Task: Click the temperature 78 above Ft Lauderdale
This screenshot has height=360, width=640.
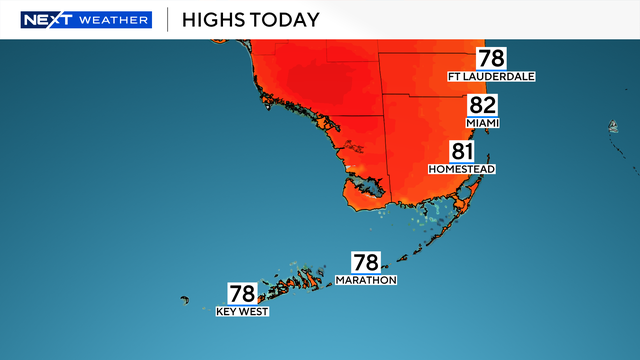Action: [491, 59]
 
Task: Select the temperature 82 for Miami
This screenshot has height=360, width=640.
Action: [482, 106]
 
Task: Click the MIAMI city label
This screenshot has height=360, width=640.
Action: [482, 123]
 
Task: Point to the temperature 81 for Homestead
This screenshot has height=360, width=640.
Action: [461, 152]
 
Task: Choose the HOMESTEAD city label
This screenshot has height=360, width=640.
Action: [462, 169]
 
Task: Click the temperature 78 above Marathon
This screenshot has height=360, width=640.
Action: [366, 263]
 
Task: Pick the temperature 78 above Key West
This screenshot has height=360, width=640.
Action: [242, 294]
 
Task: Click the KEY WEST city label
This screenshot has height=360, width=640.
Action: [242, 311]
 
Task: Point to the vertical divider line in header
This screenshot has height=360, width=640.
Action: [166, 20]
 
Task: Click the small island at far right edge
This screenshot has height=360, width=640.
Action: [611, 126]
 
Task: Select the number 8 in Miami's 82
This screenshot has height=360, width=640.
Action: [475, 106]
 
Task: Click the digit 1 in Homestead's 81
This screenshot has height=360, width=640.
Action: [469, 152]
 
